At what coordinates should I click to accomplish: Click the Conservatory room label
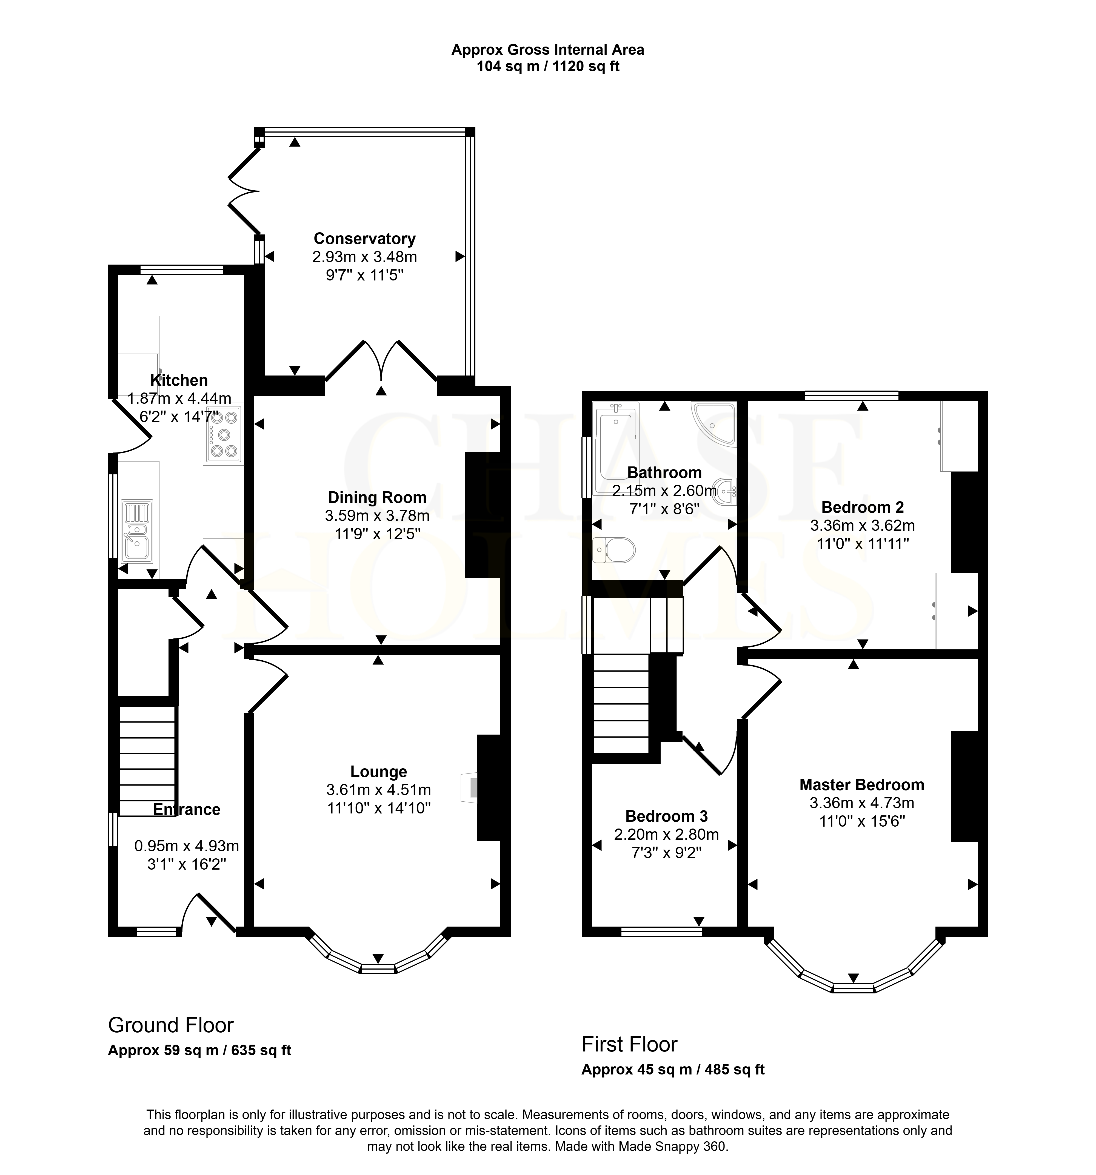pos(364,239)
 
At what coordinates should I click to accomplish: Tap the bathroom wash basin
pos(725,491)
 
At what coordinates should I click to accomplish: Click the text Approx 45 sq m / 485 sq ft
pos(673,1069)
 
